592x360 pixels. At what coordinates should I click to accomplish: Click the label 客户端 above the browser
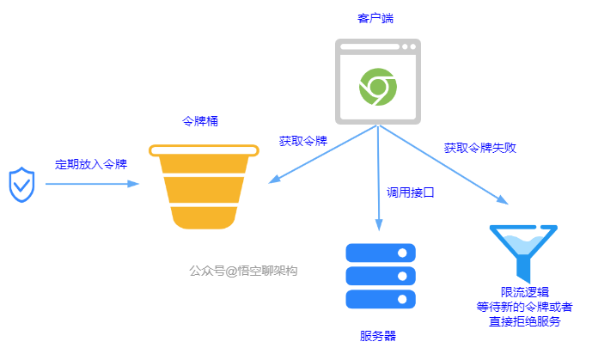[x=375, y=17]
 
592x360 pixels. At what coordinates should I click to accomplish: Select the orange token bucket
[x=203, y=186]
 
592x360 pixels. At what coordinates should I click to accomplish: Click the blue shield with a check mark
[x=20, y=185]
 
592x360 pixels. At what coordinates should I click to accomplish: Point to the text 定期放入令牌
[x=91, y=163]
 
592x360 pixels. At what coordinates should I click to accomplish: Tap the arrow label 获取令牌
[x=303, y=140]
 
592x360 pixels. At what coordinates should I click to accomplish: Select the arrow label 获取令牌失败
[x=479, y=147]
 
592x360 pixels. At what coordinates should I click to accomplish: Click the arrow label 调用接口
[x=410, y=192]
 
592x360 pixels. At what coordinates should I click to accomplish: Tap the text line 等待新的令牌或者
[x=525, y=307]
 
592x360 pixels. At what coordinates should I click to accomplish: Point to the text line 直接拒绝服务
[x=525, y=321]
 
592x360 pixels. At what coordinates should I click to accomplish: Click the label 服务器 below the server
[x=378, y=335]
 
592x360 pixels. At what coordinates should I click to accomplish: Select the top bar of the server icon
[x=380, y=253]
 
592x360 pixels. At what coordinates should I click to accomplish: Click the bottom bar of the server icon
[x=380, y=299]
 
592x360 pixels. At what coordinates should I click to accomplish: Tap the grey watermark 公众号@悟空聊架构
[x=243, y=270]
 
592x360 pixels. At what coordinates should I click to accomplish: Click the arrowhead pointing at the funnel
[x=504, y=199]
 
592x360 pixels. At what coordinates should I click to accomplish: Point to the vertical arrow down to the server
[x=378, y=180]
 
